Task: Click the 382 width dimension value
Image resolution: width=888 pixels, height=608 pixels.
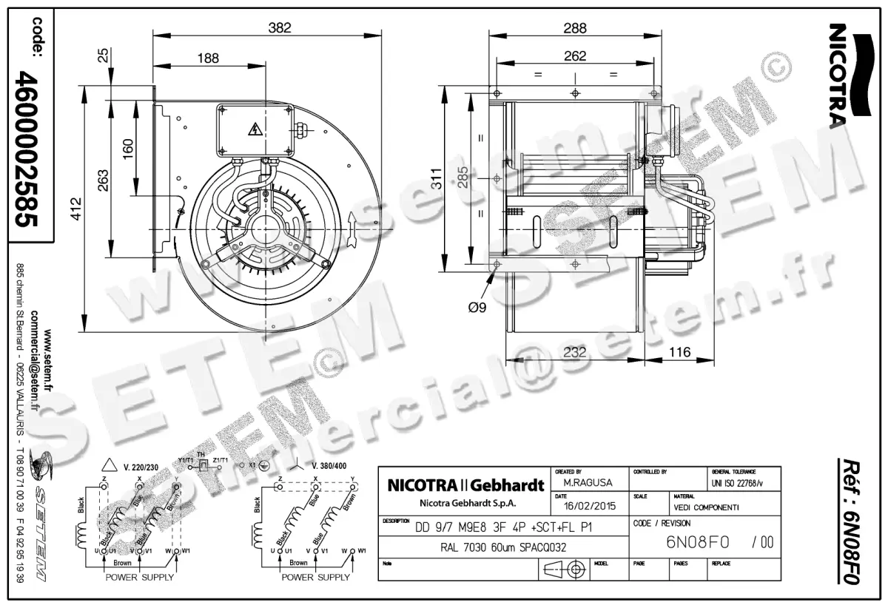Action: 280,27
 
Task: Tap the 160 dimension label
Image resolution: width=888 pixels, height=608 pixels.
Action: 128,147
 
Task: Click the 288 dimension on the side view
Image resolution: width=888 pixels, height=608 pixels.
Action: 574,28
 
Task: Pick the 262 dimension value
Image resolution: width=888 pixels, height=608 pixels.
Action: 574,55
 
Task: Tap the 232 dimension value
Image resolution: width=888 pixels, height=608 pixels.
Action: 575,353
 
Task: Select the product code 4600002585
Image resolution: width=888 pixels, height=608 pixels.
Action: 27,149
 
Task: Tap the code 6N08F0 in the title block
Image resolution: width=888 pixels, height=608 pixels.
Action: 698,542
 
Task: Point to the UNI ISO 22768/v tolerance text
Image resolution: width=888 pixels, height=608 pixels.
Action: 740,483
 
